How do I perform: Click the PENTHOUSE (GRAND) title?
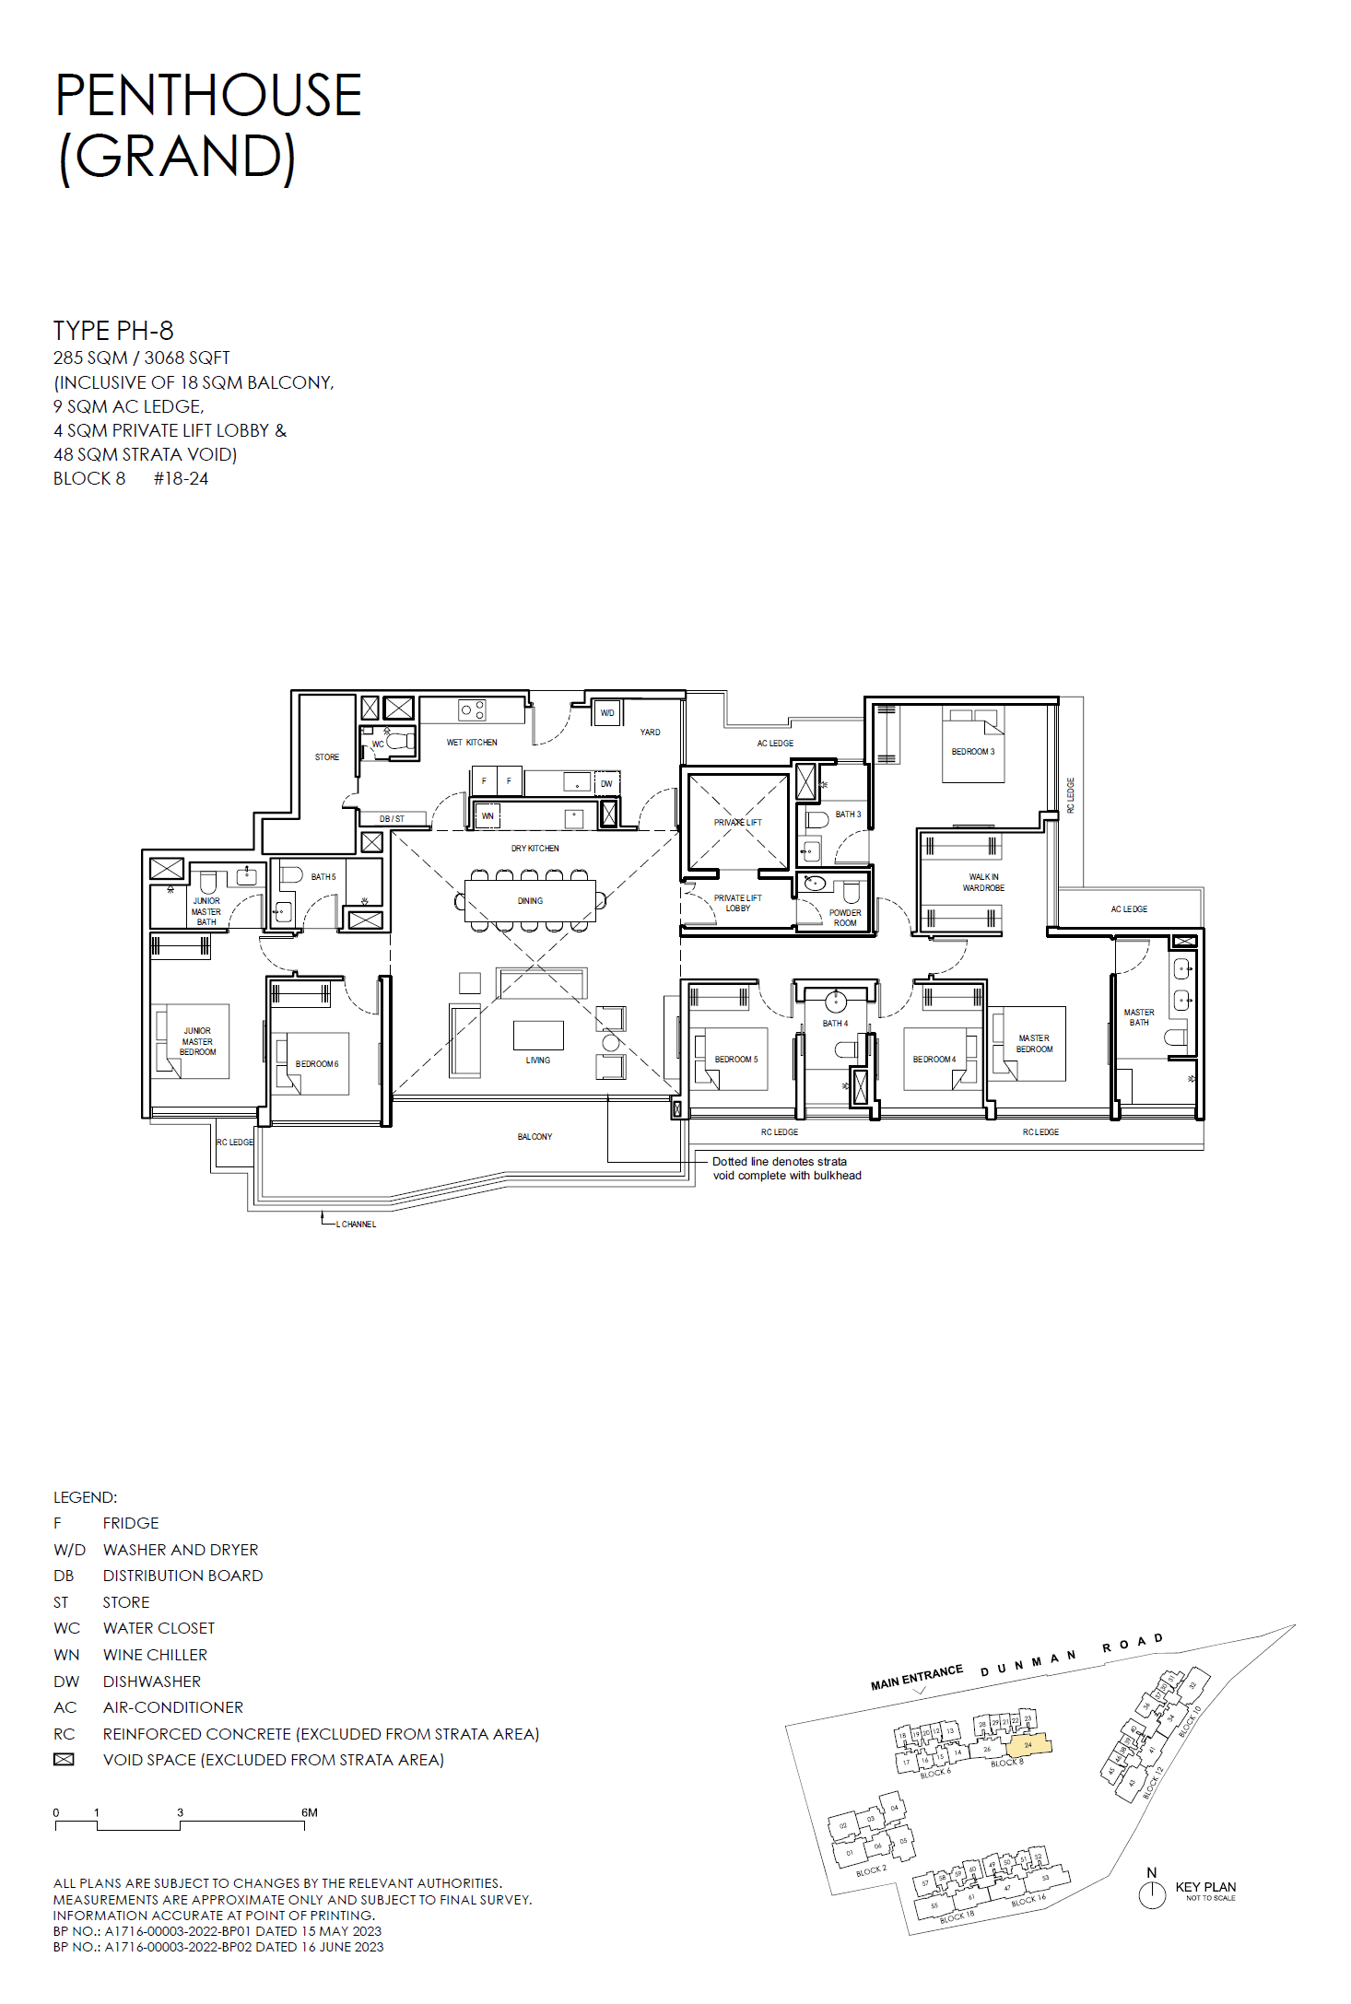point(207,125)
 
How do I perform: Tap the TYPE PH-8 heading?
point(112,330)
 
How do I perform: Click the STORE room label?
point(326,757)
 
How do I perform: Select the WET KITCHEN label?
point(472,742)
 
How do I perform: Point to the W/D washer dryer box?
point(607,713)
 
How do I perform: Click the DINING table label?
point(530,901)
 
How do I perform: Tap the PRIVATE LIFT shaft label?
point(737,822)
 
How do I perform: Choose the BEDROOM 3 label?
point(973,752)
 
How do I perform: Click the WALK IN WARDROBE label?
point(983,883)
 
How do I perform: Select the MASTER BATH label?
point(1139,1017)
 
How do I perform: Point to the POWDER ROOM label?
point(845,918)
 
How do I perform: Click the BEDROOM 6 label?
point(317,1064)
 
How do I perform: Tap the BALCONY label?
point(535,1137)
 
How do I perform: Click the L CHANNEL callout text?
point(357,1225)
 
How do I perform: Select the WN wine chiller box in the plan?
point(488,815)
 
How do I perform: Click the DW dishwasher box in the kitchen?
point(606,783)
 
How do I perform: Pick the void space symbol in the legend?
point(64,1760)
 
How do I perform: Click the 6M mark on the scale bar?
point(309,1812)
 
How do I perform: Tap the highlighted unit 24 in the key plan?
point(1028,1744)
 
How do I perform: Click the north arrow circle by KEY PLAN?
point(1152,1894)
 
